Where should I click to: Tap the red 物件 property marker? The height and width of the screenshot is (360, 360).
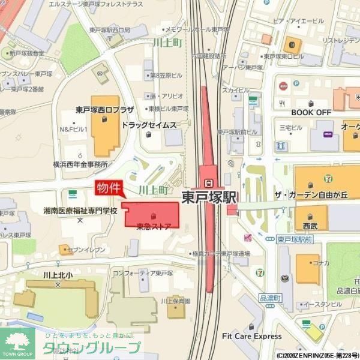coord(109,188)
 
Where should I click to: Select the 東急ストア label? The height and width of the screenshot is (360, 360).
coord(154,226)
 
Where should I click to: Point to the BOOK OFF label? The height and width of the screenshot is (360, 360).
coord(311,112)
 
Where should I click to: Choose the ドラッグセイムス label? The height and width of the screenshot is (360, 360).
coord(149,125)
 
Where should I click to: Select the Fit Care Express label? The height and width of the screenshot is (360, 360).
coord(251,336)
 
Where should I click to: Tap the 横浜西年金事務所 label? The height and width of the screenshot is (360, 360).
coord(80,164)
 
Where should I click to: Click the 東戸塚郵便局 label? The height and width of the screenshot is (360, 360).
coord(110,29)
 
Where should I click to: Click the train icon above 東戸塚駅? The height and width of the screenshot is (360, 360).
coord(208,183)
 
